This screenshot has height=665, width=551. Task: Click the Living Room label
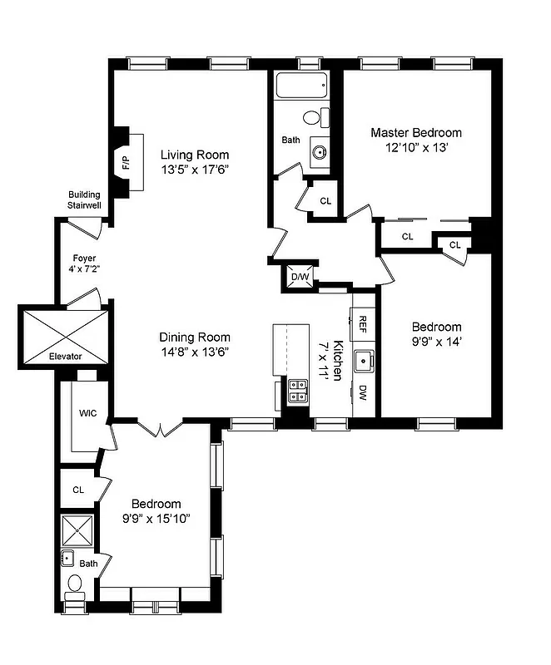(194, 155)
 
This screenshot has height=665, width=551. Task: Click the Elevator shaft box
(64, 334)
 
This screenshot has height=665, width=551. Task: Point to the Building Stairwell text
(84, 199)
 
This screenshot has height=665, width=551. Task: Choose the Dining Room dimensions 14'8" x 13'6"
(194, 352)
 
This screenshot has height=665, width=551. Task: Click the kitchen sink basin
(364, 362)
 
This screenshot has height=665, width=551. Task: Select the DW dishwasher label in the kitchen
(364, 392)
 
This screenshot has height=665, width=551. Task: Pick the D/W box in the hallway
(300, 278)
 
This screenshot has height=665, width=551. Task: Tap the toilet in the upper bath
(315, 118)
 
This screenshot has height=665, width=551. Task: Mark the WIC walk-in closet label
(88, 412)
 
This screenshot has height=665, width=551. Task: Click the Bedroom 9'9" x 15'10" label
(156, 511)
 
